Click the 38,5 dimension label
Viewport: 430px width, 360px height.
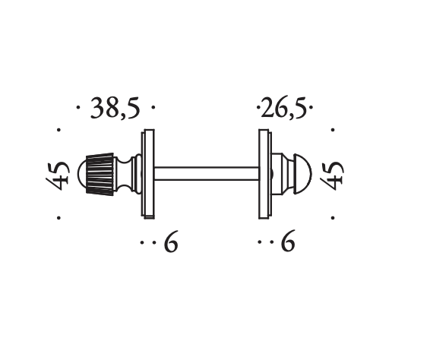tap(115, 109)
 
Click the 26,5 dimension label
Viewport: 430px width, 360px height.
tap(283, 109)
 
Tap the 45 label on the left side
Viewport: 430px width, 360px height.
tap(58, 175)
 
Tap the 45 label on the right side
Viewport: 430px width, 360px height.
tap(332, 175)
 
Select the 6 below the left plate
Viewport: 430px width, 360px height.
tap(171, 242)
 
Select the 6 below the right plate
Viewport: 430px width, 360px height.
tap(288, 242)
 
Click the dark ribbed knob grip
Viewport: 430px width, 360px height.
tap(100, 174)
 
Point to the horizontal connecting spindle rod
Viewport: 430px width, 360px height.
tap(207, 174)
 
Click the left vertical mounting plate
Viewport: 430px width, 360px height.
tap(148, 174)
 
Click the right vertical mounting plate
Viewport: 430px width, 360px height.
tap(265, 174)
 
